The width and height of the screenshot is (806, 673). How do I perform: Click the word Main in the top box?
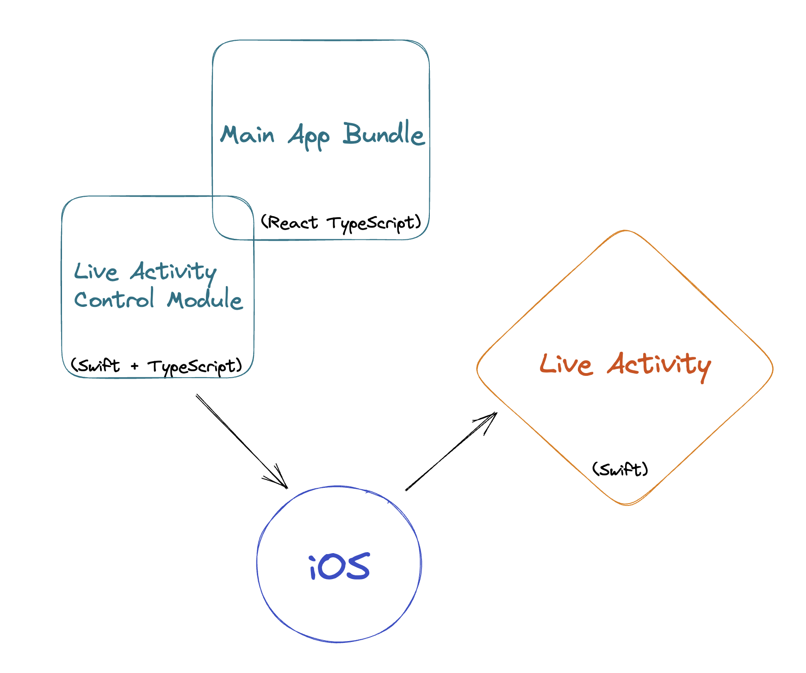pos(248,135)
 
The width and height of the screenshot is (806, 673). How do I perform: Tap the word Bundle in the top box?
pos(384,134)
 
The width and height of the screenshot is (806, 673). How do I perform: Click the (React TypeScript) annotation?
pos(341,223)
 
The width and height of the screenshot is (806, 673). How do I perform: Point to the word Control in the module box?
pos(114,299)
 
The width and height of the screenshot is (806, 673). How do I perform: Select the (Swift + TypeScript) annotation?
pos(156,366)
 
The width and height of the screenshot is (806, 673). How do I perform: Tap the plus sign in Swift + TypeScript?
pos(134,367)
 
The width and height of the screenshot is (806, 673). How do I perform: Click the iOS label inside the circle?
pos(339,567)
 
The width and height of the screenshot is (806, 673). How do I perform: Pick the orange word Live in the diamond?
pos(566,364)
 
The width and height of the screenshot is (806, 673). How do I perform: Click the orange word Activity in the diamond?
pos(659,365)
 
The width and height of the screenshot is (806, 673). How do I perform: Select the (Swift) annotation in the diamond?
pos(620,469)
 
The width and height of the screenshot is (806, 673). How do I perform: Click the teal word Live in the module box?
pos(96,272)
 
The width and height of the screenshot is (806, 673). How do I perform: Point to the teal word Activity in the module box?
pos(173,272)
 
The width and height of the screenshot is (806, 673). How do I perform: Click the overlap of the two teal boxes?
pos(233,218)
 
